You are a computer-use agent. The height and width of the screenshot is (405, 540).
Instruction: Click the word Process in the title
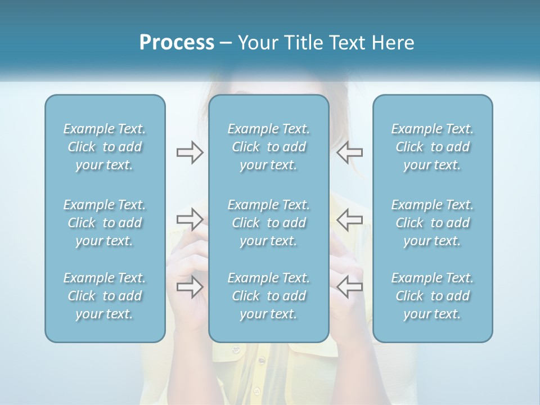click(177, 43)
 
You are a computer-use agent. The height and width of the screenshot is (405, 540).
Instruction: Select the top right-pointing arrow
click(190, 152)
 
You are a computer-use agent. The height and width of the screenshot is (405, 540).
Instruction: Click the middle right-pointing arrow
click(190, 219)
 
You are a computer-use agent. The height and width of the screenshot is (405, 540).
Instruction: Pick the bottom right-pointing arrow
click(190, 287)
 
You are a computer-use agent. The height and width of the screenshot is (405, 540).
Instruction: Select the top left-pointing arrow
click(350, 152)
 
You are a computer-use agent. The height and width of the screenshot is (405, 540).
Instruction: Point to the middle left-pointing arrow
click(350, 219)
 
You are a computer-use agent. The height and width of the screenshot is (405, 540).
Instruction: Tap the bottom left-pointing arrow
click(350, 287)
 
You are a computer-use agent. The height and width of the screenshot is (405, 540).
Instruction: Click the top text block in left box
click(105, 147)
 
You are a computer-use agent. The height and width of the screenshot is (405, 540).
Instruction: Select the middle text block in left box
click(105, 223)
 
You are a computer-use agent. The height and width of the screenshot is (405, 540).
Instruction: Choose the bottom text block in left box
click(105, 296)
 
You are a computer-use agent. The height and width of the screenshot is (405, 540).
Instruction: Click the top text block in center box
click(269, 147)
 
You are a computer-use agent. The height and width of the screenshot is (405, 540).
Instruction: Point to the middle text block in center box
click(269, 223)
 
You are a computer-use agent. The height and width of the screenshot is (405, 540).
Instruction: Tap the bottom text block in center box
click(269, 296)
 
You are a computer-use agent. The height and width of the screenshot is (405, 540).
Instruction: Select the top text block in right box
click(433, 147)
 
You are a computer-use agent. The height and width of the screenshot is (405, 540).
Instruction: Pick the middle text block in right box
click(433, 223)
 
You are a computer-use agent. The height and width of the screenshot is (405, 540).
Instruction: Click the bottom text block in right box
click(433, 296)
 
